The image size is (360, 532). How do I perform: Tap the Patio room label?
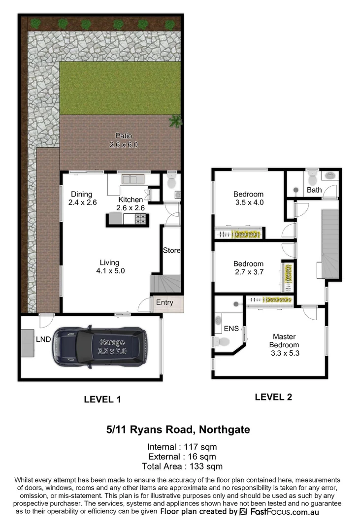(x=124, y=135)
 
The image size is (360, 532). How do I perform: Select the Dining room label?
(x=81, y=194)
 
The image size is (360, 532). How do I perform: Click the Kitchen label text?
(x=131, y=199)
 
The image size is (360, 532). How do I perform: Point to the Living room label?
(x=109, y=263)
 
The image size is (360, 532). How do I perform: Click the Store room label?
(x=172, y=250)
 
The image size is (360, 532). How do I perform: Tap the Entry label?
(x=164, y=302)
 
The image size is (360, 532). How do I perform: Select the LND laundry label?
(x=43, y=340)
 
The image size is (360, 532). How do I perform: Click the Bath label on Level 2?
(x=314, y=190)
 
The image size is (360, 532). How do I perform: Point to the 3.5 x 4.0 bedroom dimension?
(x=248, y=202)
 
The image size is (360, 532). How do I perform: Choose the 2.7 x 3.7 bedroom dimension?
(x=248, y=272)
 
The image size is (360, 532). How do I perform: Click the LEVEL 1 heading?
(x=103, y=399)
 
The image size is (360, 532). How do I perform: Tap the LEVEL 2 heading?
(x=273, y=397)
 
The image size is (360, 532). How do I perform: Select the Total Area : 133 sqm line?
(x=182, y=466)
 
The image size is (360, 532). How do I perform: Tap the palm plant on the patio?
(x=175, y=120)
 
